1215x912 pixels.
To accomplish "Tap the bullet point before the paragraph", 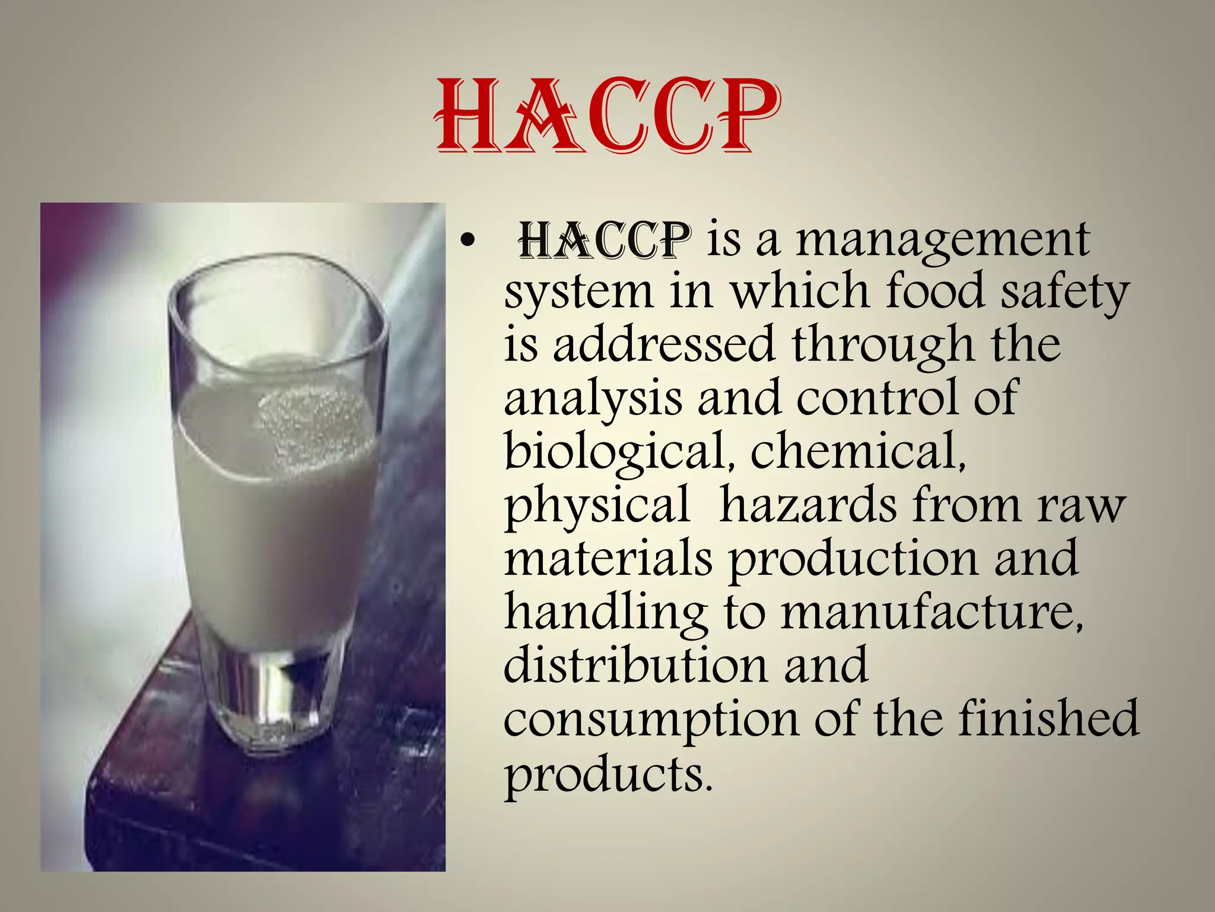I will pyautogui.click(x=467, y=242).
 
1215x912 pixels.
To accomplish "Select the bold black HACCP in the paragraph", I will pyautogui.click(x=605, y=240).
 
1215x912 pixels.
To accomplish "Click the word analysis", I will pyautogui.click(x=593, y=399).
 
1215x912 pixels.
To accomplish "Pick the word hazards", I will pyautogui.click(x=808, y=505).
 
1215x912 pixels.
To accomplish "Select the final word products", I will pyautogui.click(x=607, y=774).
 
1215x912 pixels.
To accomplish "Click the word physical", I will pyautogui.click(x=597, y=506).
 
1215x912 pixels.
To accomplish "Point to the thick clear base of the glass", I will pyautogui.click(x=270, y=701).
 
